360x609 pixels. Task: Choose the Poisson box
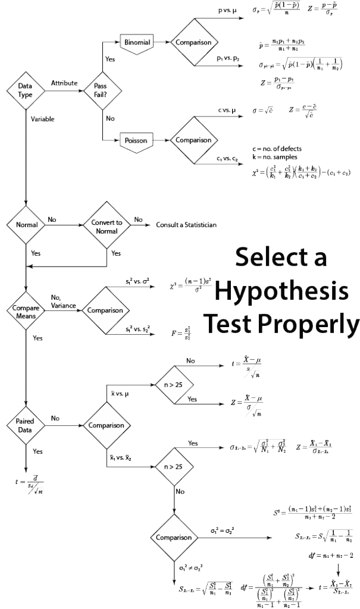coord(136,141)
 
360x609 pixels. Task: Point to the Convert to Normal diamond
coord(107,226)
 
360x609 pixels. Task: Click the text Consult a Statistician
coord(186,225)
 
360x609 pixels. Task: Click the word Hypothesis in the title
coord(281,291)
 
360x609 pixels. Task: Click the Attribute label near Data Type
coord(64,83)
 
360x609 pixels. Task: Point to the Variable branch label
coord(42,119)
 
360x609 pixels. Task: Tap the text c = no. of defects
coord(277,149)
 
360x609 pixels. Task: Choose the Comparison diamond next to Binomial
coord(193,43)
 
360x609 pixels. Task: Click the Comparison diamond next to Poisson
coord(193,140)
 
